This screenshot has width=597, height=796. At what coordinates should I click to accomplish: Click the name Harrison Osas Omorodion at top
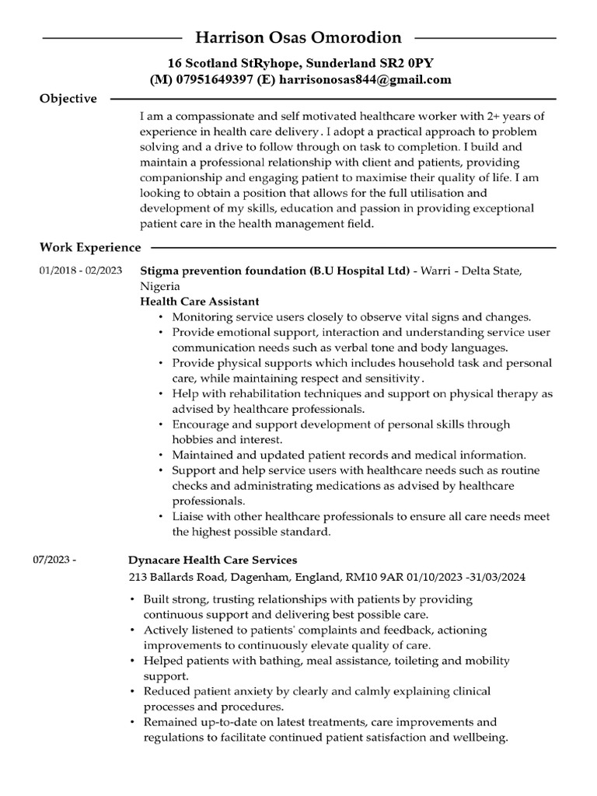point(298,37)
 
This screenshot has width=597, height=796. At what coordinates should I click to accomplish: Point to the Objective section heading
point(68,99)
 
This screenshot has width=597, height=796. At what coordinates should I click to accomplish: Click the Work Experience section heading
point(90,247)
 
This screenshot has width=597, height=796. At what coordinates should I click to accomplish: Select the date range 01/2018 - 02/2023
point(81,271)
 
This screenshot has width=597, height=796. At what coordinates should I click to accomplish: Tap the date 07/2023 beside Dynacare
point(54,560)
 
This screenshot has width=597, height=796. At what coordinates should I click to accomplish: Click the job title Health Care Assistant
point(200,301)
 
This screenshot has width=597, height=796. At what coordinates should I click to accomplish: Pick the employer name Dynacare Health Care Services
point(212,560)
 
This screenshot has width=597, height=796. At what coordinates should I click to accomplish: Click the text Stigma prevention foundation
point(223,271)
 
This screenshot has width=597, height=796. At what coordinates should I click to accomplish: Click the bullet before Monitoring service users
point(161,317)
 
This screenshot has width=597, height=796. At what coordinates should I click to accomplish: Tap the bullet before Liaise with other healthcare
point(161,517)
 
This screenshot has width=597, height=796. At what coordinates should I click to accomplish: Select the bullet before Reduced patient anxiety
point(133,692)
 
